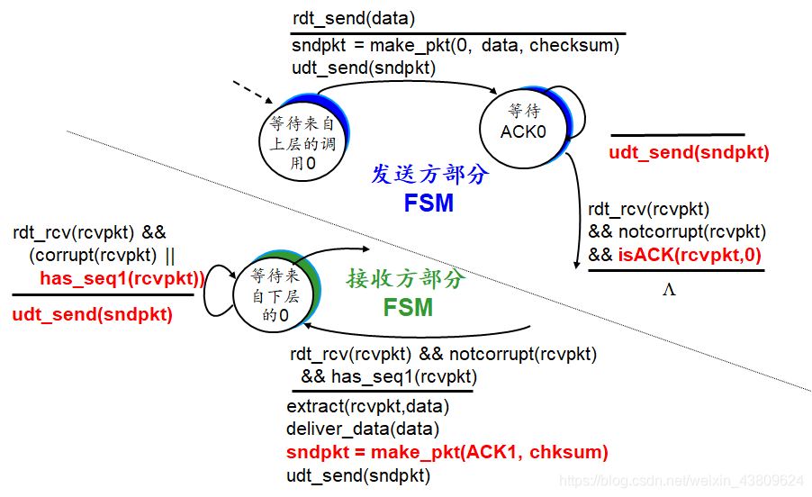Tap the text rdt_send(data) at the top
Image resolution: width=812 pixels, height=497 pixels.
point(353,18)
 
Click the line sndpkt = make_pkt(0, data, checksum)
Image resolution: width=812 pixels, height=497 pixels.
point(456,46)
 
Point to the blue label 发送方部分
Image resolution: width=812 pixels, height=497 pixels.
point(430,174)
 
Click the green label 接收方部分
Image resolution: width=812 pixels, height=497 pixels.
point(406,278)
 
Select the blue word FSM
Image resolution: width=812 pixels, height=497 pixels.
point(429,203)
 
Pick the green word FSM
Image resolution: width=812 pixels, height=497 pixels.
point(408,308)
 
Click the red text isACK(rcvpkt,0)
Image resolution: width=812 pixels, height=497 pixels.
point(689,255)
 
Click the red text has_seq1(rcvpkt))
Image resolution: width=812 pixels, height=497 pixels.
point(122,278)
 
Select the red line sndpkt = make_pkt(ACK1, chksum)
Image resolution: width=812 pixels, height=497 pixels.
point(447,452)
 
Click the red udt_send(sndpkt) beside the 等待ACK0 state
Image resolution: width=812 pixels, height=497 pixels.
point(689,152)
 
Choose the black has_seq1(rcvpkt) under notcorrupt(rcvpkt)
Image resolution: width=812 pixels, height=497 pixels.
point(389,376)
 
